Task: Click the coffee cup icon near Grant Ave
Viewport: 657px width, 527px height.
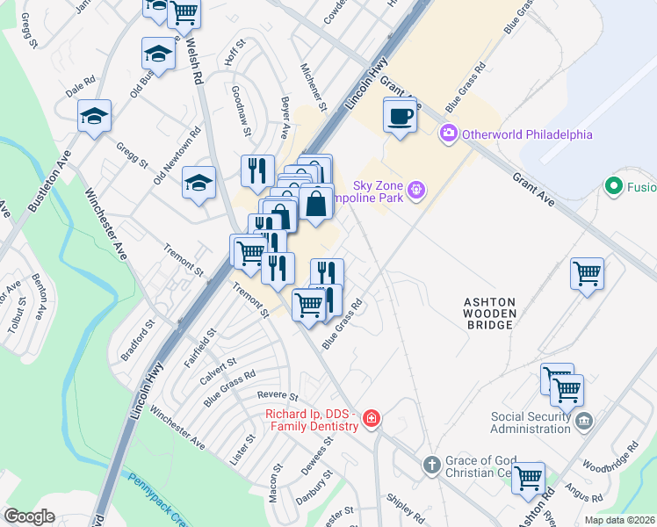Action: pos(400,115)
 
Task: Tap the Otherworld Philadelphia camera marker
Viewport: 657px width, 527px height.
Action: pos(449,134)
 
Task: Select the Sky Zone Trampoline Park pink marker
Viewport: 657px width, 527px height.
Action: pos(416,189)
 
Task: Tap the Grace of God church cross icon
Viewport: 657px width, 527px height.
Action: pos(431,464)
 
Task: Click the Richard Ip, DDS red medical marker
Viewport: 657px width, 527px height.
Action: pos(372,419)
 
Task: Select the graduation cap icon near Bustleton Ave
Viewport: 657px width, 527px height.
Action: pos(94,116)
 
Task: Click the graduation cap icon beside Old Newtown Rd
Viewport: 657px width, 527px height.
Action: pos(199,183)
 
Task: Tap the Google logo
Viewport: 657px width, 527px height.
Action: pos(29,516)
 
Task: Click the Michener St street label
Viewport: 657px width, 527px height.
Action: pos(313,87)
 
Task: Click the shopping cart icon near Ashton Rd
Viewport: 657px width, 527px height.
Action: pos(528,478)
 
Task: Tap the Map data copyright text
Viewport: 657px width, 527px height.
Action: pos(620,520)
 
